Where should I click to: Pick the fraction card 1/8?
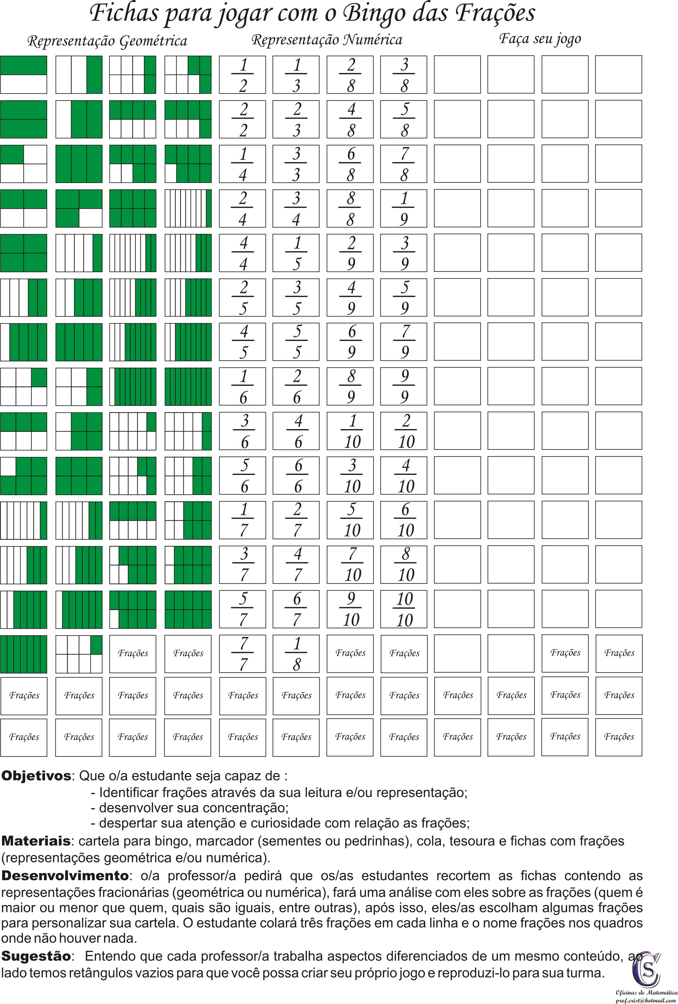(x=296, y=654)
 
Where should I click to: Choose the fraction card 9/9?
(x=404, y=386)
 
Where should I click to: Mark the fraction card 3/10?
(x=350, y=475)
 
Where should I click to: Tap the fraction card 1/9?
(x=404, y=208)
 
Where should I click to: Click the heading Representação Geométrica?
(x=107, y=42)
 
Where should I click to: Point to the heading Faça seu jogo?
(x=540, y=39)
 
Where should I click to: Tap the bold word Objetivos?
(x=36, y=776)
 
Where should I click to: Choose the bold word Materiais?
(x=36, y=841)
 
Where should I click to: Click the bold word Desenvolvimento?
(x=65, y=875)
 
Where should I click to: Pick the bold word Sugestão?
(x=36, y=956)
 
